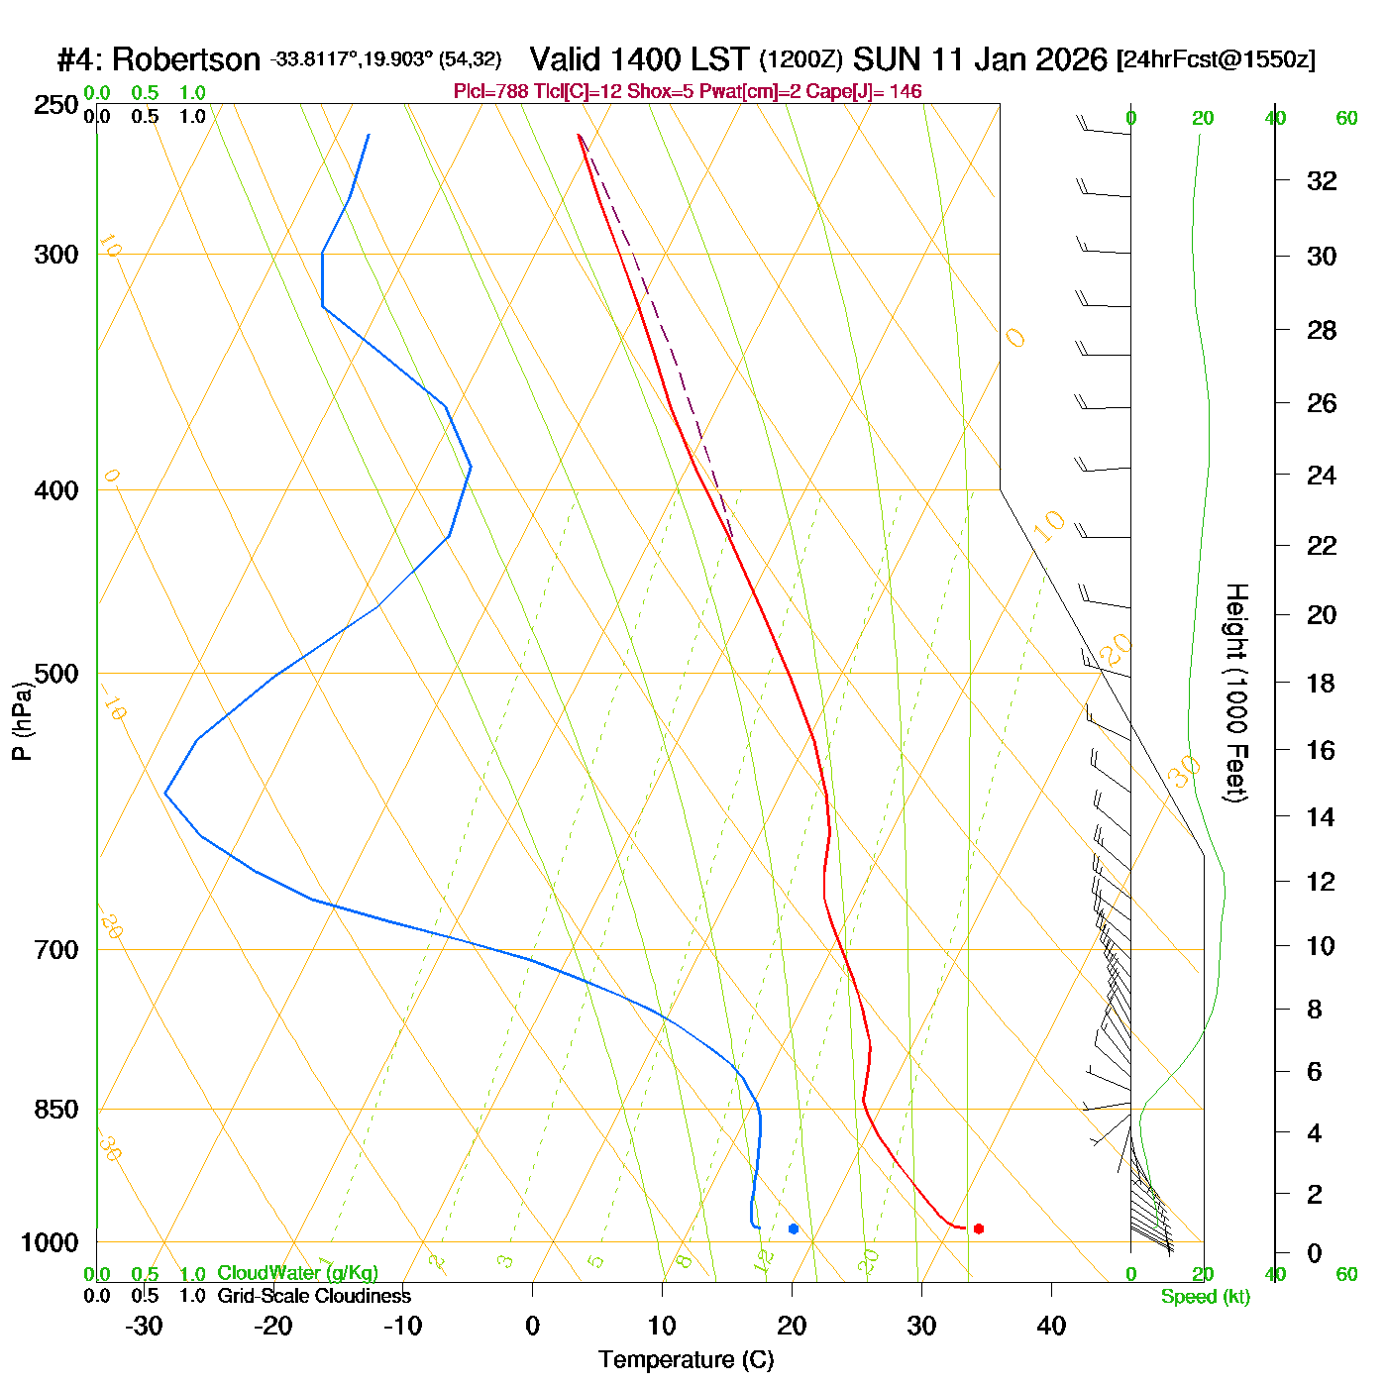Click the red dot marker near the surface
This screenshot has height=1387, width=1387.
979,1228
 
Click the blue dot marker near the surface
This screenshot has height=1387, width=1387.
794,1228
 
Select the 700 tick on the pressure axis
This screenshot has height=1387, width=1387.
56,949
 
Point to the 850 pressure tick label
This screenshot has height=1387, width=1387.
56,1110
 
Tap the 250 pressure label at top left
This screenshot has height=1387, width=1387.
56,105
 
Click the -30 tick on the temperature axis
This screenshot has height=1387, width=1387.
144,1326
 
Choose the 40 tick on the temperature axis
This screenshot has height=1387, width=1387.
1051,1326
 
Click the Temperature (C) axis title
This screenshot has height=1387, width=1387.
686,1360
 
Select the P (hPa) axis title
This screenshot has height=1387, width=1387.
22,719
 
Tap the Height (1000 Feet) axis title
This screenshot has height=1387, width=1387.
1235,693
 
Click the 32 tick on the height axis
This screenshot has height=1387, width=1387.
1322,180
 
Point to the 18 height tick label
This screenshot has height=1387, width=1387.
1322,683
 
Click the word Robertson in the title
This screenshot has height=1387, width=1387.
185,60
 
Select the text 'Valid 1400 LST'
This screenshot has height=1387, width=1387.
639,59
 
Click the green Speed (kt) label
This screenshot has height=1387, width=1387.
1206,1297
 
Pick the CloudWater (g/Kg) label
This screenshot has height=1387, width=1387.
297,1273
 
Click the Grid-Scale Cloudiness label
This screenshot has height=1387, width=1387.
314,1296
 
